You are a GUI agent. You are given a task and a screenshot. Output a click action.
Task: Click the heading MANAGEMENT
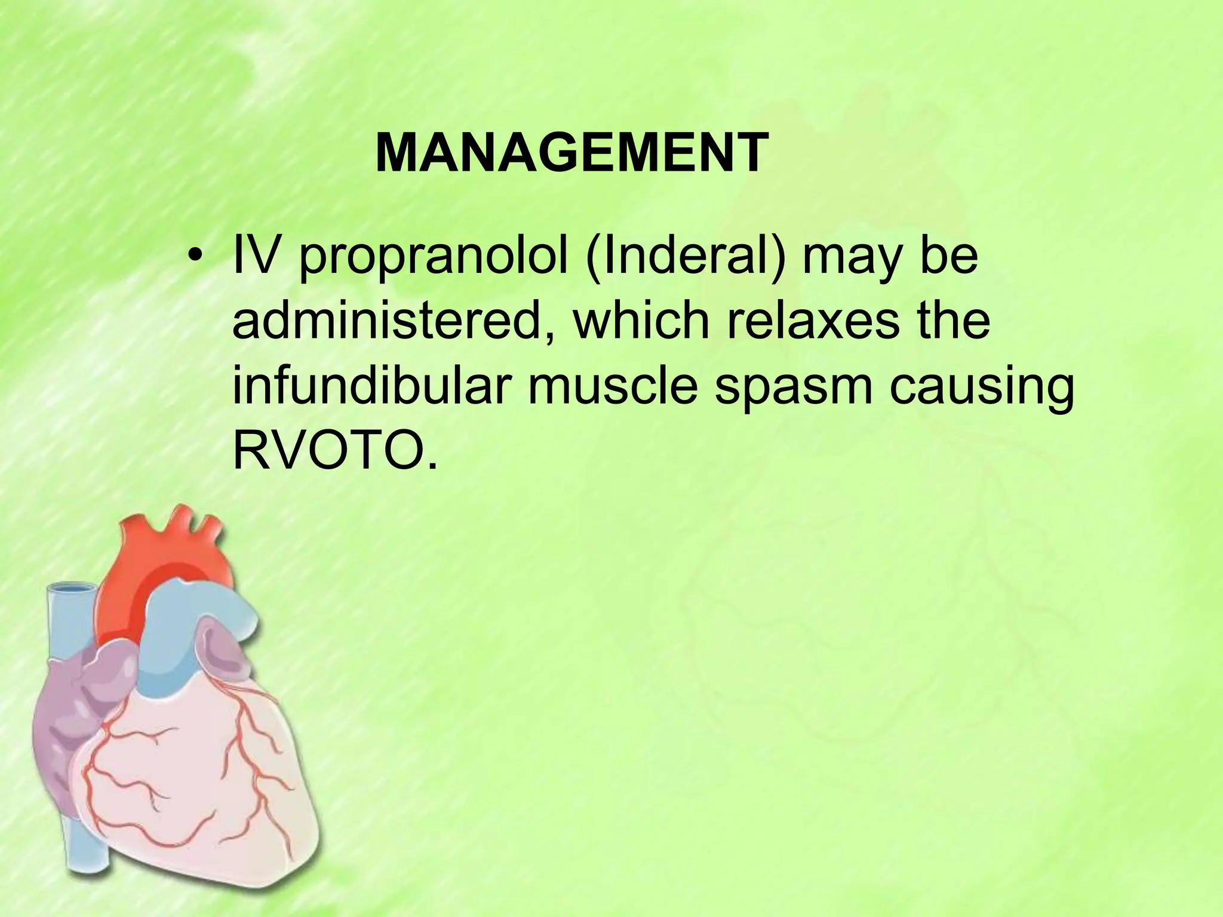pos(571,153)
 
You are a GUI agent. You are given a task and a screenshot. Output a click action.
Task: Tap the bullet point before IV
pos(193,259)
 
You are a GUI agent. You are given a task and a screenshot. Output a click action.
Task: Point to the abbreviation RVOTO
pos(330,451)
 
